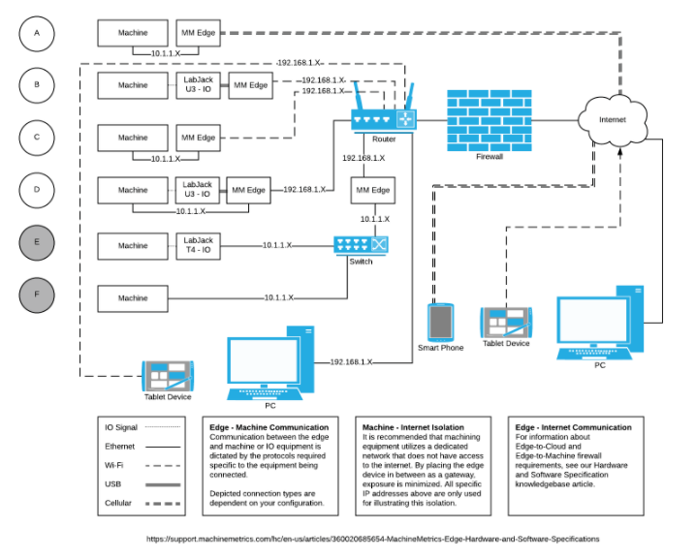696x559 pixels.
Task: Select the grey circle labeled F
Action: pos(37,295)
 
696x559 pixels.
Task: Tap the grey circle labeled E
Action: pos(37,242)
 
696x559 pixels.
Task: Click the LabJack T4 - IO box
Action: pos(199,245)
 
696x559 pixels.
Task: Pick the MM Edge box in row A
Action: pos(199,32)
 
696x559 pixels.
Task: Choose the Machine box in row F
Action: pos(133,297)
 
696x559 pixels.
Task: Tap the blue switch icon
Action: pos(361,246)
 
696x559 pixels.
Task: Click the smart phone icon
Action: pos(440,321)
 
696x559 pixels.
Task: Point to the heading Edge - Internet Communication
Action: pos(574,426)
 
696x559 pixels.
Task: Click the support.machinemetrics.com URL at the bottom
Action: pos(372,539)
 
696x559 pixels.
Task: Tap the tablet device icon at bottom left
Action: pos(169,375)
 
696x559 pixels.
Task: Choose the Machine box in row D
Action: pos(133,189)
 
